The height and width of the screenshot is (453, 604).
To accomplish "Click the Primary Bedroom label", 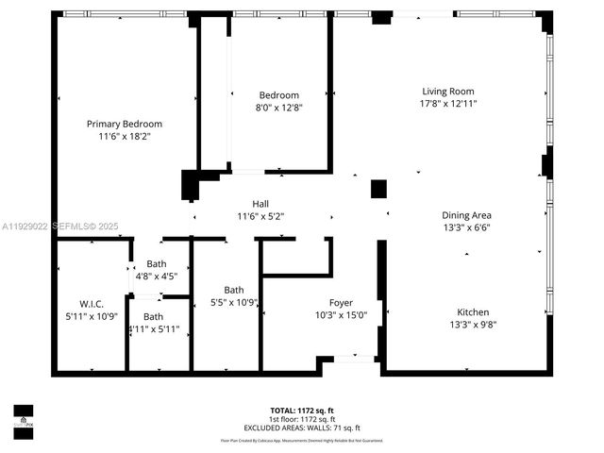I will point(125,124).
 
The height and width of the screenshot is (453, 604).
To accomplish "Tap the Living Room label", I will point(447,92).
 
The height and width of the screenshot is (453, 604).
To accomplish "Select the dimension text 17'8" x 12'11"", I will point(448,104).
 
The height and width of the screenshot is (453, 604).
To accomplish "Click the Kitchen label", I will point(474,312).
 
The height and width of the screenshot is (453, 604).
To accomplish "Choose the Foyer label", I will point(341,303).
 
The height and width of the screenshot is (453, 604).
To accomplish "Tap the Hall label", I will point(260,204).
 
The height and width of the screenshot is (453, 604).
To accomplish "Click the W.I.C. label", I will point(91,304).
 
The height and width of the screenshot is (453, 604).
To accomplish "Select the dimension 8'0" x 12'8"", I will point(279,108).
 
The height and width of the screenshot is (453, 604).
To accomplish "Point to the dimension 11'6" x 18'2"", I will point(125,136).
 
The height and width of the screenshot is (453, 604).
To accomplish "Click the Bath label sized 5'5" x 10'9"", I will point(234,290).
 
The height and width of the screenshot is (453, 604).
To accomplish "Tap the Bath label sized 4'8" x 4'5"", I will point(156,265).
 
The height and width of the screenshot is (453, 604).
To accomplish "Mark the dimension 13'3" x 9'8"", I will point(474,325).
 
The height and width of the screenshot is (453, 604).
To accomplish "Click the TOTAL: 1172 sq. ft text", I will point(302,410).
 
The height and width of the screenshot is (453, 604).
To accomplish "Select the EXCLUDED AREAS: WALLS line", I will point(302,427).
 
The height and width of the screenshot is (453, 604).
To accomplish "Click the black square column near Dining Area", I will point(378,189).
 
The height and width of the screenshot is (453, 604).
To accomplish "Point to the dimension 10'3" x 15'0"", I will point(341,315).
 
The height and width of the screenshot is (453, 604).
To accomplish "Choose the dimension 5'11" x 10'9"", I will point(91,316).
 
